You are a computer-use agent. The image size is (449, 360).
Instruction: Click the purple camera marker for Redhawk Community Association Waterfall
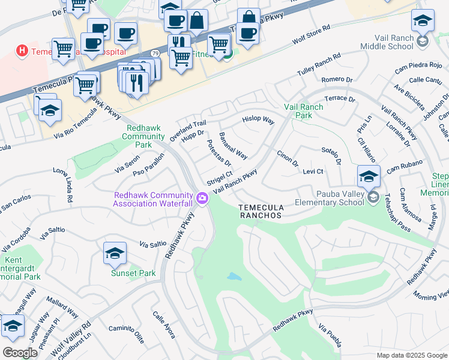(203, 197)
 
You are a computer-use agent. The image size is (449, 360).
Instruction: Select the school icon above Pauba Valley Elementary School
(369, 176)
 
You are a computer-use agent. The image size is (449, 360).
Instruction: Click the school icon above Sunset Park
(115, 253)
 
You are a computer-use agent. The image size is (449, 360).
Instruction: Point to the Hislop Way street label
(258, 121)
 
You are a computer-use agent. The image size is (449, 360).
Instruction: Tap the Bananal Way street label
(233, 146)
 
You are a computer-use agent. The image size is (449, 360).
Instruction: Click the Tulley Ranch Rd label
(319, 65)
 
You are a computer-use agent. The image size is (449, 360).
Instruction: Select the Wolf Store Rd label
(311, 36)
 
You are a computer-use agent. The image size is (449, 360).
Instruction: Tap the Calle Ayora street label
(164, 325)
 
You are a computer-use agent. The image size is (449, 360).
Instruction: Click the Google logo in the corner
(20, 353)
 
